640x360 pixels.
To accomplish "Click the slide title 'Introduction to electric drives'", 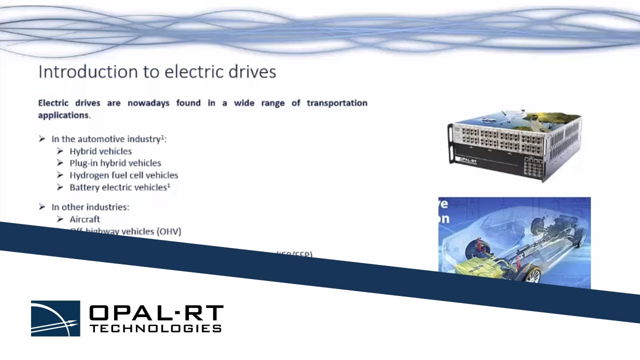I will pyautogui.click(x=157, y=71).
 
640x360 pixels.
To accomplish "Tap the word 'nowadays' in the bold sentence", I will pyautogui.click(x=147, y=103).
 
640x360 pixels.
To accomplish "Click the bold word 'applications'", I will pyautogui.click(x=63, y=115).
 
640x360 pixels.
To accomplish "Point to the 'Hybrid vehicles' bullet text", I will pyautogui.click(x=100, y=151).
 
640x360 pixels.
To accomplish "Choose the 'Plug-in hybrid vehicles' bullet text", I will pyautogui.click(x=115, y=163).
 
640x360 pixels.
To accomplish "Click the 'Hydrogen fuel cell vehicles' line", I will pyautogui.click(x=123, y=175).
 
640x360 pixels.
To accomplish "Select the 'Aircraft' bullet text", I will pyautogui.click(x=84, y=219).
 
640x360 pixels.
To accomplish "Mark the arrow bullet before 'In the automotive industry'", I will pyautogui.click(x=42, y=139).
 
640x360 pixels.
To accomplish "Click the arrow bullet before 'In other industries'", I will pyautogui.click(x=42, y=207).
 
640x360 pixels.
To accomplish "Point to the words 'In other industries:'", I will pyautogui.click(x=90, y=207).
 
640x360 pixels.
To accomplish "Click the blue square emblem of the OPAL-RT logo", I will pyautogui.click(x=55, y=318).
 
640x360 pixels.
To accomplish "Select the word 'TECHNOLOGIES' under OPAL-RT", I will pyautogui.click(x=155, y=328).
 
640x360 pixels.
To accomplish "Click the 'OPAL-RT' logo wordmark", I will pyautogui.click(x=155, y=313).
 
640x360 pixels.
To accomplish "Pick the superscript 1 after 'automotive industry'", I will pyautogui.click(x=162, y=136).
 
